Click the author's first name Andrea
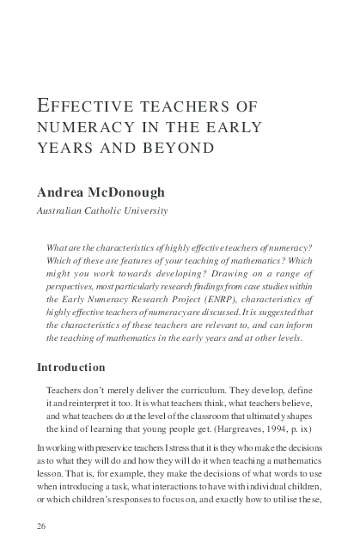click(62, 191)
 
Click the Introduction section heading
click(70, 368)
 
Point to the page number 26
click(41, 525)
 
